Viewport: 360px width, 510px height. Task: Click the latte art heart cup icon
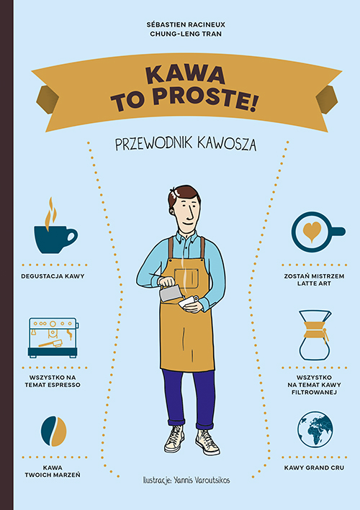click(312, 231)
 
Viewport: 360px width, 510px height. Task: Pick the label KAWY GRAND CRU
click(314, 468)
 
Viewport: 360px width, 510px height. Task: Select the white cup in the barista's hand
click(191, 304)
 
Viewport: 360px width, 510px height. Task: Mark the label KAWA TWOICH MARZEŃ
click(54, 472)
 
